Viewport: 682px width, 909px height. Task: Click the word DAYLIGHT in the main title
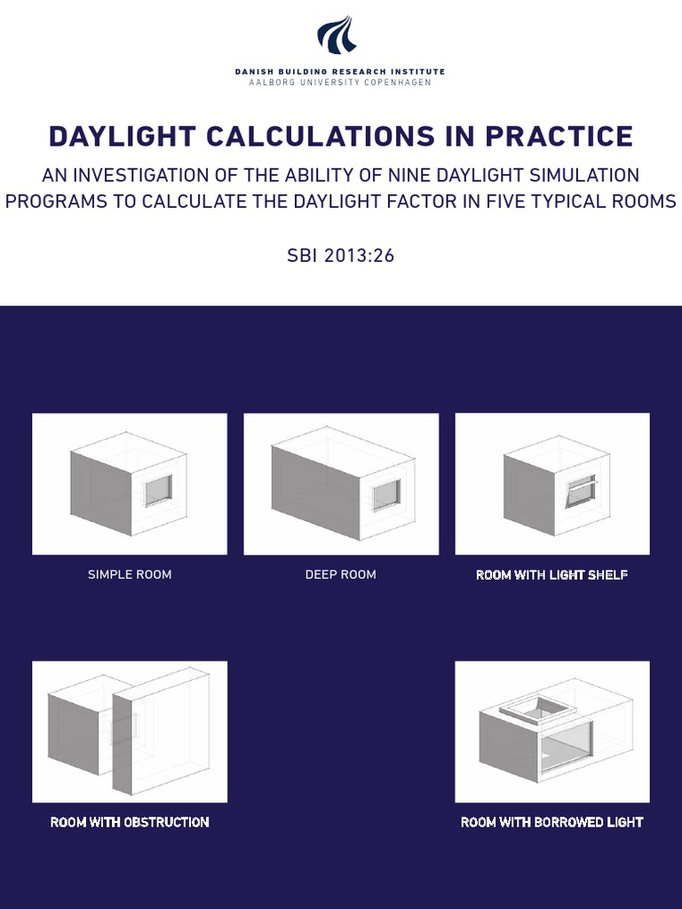[121, 137]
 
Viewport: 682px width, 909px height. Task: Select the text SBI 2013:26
[340, 256]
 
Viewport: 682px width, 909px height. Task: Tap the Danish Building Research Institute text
[340, 71]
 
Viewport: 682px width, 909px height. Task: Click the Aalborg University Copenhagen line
[340, 82]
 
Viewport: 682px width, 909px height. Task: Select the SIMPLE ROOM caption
[130, 574]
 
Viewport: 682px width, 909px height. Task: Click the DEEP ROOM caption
[340, 574]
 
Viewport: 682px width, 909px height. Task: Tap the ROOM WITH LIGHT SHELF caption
[551, 574]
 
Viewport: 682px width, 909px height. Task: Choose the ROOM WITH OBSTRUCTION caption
[130, 822]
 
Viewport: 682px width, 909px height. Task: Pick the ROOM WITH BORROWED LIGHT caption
[551, 822]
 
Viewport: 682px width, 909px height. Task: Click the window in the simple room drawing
[158, 489]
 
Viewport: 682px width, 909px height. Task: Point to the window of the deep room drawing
[386, 494]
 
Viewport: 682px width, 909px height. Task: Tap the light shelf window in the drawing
[581, 489]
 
